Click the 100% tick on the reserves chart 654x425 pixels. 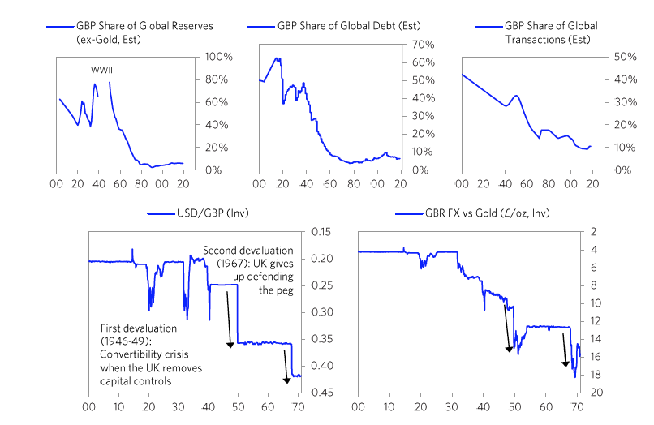pos(218,57)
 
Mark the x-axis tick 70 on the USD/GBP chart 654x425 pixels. pos(296,408)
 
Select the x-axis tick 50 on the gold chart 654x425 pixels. pos(514,408)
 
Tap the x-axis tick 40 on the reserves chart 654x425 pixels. pos(99,185)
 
